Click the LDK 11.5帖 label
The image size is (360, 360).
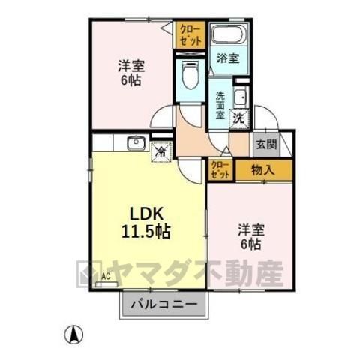[145, 223]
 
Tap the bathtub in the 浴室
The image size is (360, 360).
[229, 34]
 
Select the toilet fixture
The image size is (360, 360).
[190, 75]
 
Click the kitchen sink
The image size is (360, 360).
[136, 142]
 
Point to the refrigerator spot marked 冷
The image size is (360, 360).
[161, 151]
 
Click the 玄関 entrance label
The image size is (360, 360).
[266, 145]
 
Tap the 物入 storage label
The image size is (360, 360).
[263, 170]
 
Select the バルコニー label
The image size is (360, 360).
[164, 304]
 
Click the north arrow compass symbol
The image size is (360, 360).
[73, 334]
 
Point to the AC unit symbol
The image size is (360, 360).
[106, 284]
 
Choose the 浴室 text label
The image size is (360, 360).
[228, 58]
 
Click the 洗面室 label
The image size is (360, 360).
[220, 105]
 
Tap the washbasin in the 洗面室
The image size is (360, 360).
[241, 97]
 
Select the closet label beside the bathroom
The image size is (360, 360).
[190, 34]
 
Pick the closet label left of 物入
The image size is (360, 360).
[220, 170]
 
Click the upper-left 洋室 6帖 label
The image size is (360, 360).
[131, 73]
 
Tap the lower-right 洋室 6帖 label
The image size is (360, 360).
[251, 237]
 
